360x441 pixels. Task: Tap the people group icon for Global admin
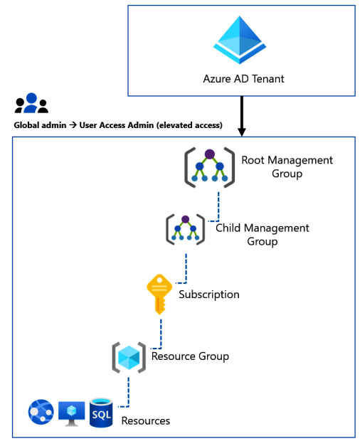(31, 104)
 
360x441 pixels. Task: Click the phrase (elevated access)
(187, 125)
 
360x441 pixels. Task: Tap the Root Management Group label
(287, 166)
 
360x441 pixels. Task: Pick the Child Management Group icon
(185, 229)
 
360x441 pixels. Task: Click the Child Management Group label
(263, 235)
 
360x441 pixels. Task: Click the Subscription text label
(208, 294)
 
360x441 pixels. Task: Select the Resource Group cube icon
(129, 356)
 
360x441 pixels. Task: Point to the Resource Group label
(190, 356)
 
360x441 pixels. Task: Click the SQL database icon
(101, 413)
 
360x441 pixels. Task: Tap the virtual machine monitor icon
(71, 413)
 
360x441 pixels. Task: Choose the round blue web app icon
(41, 413)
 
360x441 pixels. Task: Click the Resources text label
(146, 420)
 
